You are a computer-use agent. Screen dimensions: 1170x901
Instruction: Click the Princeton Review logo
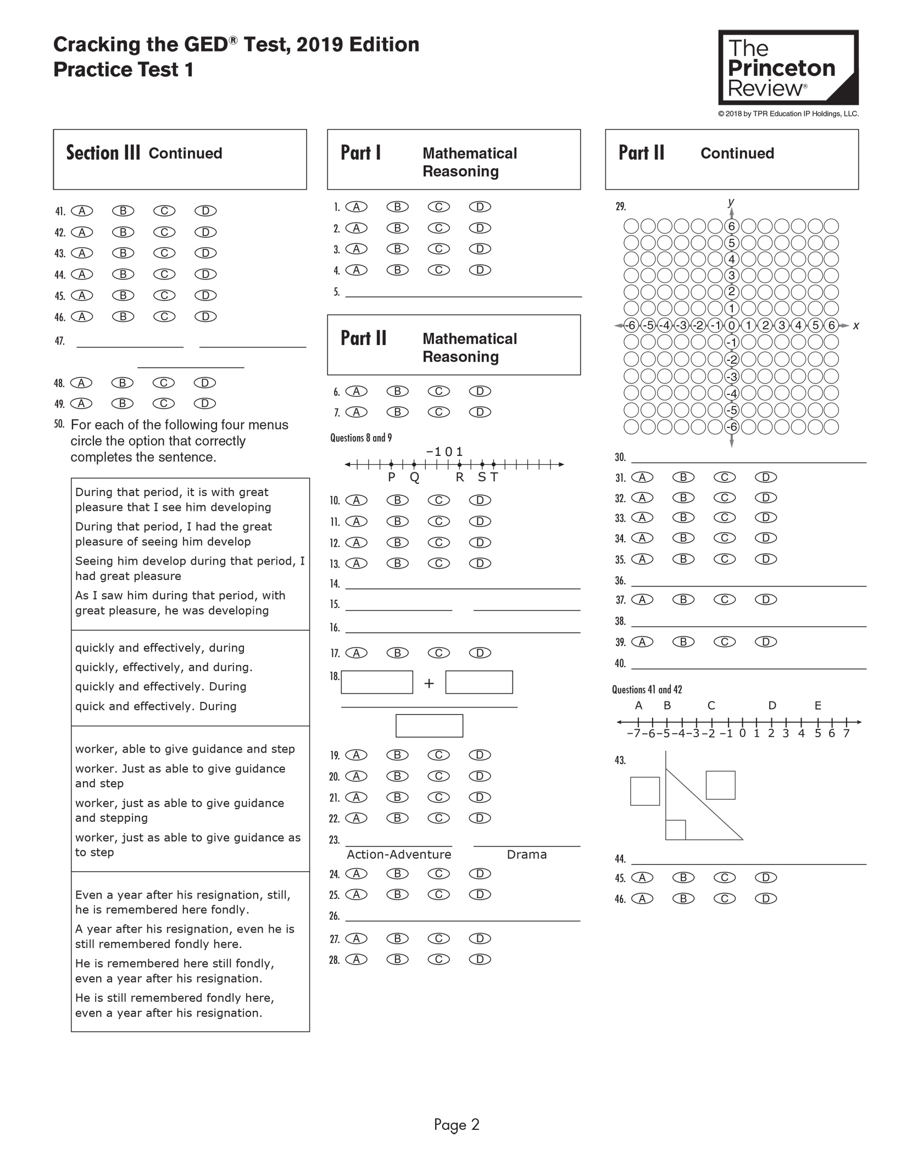788,68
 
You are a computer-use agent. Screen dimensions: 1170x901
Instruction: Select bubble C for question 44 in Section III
164,274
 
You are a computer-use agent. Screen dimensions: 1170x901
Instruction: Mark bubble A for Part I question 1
357,207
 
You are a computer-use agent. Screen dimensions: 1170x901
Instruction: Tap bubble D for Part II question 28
480,960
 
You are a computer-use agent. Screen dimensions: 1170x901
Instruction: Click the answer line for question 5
463,292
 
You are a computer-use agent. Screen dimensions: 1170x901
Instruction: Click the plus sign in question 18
429,683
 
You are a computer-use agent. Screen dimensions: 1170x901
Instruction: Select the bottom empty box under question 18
429,726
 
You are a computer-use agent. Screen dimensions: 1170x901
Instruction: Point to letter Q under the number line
414,477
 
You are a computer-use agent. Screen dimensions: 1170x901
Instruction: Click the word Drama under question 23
526,855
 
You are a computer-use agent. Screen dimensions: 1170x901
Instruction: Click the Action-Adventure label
399,855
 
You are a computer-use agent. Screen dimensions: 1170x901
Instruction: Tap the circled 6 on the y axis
731,226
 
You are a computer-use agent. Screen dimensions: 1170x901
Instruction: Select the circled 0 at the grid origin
731,325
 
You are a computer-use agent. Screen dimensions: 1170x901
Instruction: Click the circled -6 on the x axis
631,325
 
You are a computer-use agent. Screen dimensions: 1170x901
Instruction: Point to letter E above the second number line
817,706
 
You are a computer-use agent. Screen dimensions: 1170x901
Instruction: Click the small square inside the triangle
675,829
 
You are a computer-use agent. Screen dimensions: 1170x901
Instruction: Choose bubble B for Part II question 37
683,600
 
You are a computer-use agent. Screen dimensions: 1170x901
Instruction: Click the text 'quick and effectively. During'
156,706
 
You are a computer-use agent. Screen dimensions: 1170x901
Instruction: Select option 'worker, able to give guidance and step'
185,749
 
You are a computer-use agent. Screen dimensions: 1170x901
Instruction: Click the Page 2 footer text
457,1125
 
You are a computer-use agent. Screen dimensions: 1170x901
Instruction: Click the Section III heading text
103,153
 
